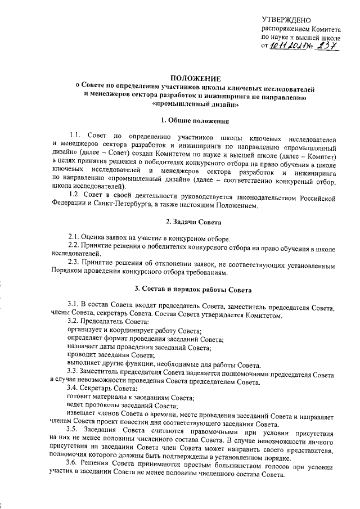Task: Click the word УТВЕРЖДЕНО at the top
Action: point(286,20)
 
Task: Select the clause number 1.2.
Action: point(75,194)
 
